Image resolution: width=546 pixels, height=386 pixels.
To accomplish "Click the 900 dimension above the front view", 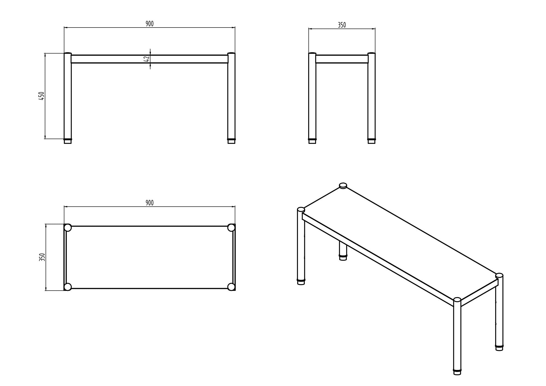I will [149, 24].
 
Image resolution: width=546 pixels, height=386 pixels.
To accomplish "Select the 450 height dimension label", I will [41, 96].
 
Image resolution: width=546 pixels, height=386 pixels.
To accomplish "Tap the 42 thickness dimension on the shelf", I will [146, 59].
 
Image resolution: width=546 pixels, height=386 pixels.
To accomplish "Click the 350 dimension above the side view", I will [342, 25].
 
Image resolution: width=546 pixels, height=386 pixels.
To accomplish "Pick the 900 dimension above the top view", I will [149, 203].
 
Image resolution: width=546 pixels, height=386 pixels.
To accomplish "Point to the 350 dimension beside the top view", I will [42, 257].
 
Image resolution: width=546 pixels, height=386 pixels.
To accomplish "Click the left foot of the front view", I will [68, 141].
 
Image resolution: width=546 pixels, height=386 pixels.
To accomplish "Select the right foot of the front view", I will [231, 141].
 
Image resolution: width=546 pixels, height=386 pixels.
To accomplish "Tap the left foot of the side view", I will [312, 141].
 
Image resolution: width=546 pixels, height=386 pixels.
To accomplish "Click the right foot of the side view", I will [371, 141].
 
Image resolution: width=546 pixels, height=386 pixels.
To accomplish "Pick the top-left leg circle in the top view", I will [68, 228].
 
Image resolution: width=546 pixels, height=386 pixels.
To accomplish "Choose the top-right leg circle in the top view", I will [231, 228].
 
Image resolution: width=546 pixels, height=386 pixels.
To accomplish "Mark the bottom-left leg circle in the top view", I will [68, 287].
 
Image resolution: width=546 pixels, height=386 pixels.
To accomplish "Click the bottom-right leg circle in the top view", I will [231, 287].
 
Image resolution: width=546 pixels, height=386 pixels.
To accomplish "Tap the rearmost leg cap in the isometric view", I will [343, 186].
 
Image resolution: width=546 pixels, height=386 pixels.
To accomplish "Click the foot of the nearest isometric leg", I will [457, 372].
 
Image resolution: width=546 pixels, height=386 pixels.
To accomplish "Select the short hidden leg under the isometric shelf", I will [343, 251].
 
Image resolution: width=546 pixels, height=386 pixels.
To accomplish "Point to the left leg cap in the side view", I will [312, 53].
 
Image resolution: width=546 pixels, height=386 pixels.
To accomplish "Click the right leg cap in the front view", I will [231, 53].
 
